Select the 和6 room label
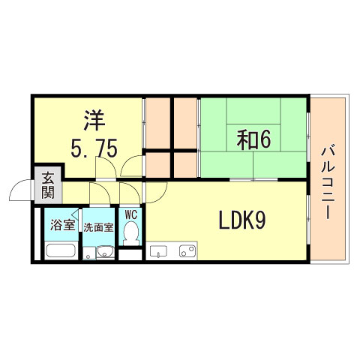click(254, 139)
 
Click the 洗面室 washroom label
click(97, 227)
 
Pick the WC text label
click(131, 215)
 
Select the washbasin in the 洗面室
click(106, 251)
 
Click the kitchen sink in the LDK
click(159, 250)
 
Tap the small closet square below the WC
click(130, 253)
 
